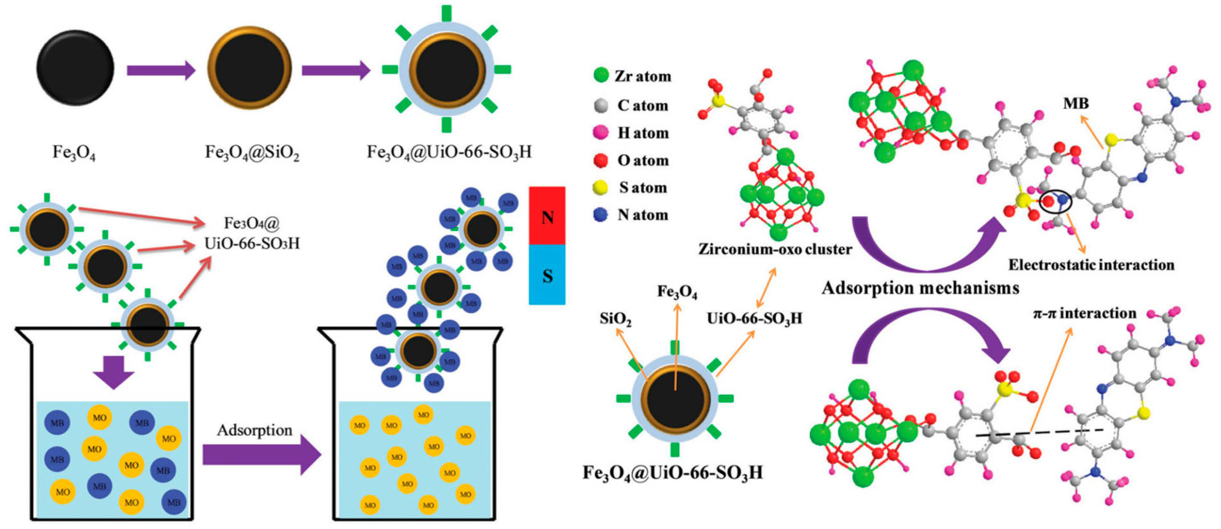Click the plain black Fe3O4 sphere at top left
click(x=76, y=67)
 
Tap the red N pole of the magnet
click(x=547, y=216)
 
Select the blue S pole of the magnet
click(x=547, y=275)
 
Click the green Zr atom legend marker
click(x=601, y=75)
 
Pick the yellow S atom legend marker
click(x=600, y=188)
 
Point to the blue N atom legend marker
click(x=600, y=215)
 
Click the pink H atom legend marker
click(x=600, y=132)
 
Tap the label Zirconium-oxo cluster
click(x=775, y=249)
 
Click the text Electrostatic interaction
click(x=1091, y=264)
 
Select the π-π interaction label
click(x=1084, y=313)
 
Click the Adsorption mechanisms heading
click(x=920, y=288)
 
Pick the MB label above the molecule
click(x=1076, y=103)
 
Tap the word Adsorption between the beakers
click(x=255, y=430)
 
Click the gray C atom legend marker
click(x=600, y=105)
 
